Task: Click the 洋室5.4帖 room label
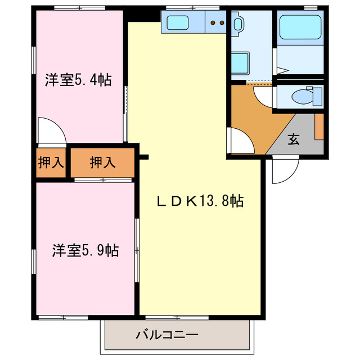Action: [x=78, y=80]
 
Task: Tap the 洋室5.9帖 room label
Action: [x=85, y=250]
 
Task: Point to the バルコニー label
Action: [x=166, y=335]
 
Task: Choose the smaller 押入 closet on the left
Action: [x=51, y=163]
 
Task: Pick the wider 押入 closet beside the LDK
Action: [x=102, y=163]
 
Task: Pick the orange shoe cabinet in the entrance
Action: [x=319, y=127]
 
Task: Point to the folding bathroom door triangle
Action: [x=283, y=71]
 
